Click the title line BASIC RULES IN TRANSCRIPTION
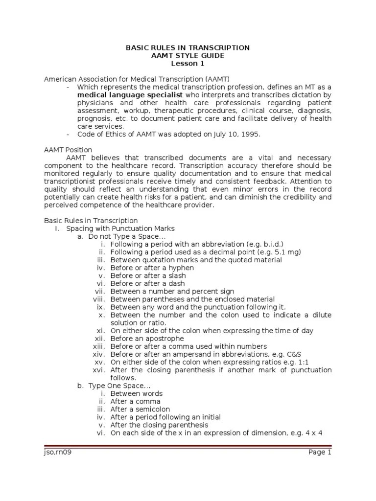pos(188,47)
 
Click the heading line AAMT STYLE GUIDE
pos(188,55)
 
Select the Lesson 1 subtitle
pos(188,63)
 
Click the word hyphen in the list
pos(182,268)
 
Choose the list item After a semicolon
pos(140,409)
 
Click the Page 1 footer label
pos(320,453)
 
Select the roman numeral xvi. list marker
pos(99,370)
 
